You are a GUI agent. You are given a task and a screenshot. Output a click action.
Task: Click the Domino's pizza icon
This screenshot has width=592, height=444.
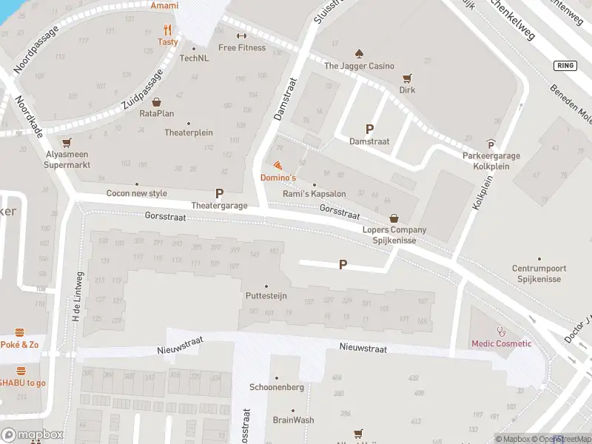point(277,165)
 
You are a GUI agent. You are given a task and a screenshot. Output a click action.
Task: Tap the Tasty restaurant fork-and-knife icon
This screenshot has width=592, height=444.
point(168,30)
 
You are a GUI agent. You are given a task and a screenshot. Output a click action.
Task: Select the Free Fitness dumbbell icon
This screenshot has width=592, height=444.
point(241,36)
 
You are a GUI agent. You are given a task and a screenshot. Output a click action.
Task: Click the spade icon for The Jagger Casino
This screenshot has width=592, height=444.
point(359,53)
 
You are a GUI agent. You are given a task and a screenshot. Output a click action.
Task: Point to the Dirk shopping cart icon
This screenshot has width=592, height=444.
point(406,78)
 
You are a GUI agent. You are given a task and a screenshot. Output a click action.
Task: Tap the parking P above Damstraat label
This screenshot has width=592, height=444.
point(369,128)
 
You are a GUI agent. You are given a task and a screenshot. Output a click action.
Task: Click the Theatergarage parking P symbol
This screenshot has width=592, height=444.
point(219,193)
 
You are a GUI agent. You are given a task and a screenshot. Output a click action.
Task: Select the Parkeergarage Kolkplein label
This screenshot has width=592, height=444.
point(491,161)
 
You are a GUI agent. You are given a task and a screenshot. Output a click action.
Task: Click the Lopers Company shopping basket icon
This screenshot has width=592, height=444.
point(394,218)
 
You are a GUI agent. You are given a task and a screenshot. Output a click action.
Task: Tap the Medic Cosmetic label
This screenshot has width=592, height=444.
point(502,343)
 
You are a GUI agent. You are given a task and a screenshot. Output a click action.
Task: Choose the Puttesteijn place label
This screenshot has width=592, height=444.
point(266,296)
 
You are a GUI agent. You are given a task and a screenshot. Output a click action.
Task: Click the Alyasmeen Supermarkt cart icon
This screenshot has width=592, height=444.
point(67,143)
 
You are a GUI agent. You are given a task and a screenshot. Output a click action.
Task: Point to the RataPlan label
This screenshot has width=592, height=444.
point(157,114)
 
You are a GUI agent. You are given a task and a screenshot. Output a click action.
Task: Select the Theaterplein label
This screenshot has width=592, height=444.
point(189,133)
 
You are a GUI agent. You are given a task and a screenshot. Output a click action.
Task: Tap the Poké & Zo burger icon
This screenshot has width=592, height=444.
point(21,333)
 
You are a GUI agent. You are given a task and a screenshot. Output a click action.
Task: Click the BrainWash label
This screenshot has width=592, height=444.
point(293,420)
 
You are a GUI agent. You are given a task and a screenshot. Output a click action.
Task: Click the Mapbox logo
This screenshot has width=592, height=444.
point(32,434)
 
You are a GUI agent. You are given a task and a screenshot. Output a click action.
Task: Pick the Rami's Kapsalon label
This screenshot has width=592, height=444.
point(314,194)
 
